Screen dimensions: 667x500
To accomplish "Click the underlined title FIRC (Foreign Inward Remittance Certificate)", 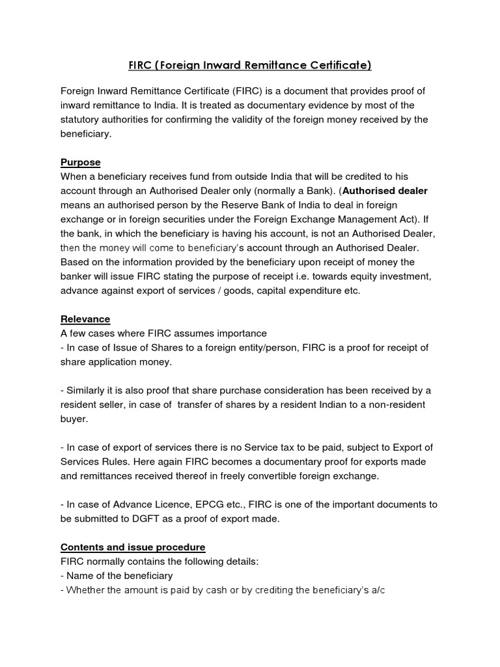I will pyautogui.click(x=249, y=65).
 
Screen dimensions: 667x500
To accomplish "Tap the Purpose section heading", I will pyautogui.click(x=80, y=162).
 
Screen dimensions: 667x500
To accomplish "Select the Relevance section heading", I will pyautogui.click(x=85, y=319).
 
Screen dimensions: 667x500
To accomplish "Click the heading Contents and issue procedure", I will pyautogui.click(x=133, y=546).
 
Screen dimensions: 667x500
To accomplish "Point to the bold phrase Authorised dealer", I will pyautogui.click(x=385, y=191).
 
